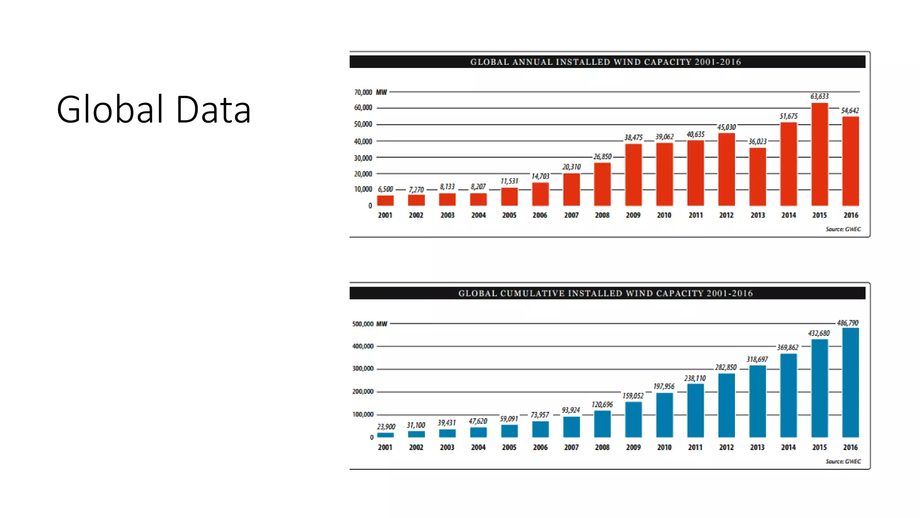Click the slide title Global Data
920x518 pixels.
tap(153, 109)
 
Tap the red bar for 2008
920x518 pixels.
tap(602, 184)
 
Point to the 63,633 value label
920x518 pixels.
tap(819, 96)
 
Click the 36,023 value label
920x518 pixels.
tap(757, 142)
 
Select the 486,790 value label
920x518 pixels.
tap(847, 323)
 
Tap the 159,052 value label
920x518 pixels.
tap(632, 396)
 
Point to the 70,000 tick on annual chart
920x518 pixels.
tap(363, 92)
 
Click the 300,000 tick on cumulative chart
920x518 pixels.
tap(363, 368)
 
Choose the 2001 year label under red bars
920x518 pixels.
tap(385, 215)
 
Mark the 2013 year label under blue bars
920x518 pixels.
tap(757, 447)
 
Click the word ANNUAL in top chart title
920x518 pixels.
tap(532, 62)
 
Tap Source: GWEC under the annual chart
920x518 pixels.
tap(843, 229)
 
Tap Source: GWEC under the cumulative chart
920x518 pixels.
tap(843, 461)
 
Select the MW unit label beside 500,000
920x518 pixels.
tap(381, 324)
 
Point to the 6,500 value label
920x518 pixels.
tap(385, 189)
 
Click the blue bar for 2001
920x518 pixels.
tap(385, 435)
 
